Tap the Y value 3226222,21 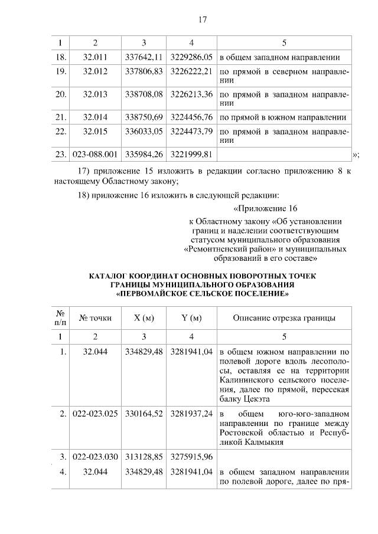coord(191,73)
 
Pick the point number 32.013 coord(95,94)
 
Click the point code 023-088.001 coord(95,154)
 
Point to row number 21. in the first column coord(60,117)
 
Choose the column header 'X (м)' coord(144,318)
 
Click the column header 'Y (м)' coord(191,318)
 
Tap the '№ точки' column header coord(95,318)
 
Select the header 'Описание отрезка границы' coord(285,318)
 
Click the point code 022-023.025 coord(95,413)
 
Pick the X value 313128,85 coord(144,457)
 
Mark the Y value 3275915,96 coord(191,457)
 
